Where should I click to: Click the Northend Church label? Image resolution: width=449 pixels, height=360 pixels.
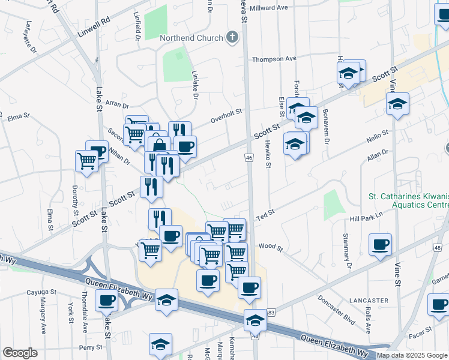(x=191, y=38)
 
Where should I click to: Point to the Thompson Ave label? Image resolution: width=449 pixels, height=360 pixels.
(x=274, y=59)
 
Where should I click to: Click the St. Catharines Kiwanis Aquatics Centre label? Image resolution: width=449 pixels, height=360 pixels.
(x=408, y=201)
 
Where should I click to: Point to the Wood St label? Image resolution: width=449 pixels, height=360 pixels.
(x=270, y=247)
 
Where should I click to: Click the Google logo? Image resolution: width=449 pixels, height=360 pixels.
(x=20, y=353)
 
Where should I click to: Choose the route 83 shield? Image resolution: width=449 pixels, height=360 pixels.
(x=271, y=313)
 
